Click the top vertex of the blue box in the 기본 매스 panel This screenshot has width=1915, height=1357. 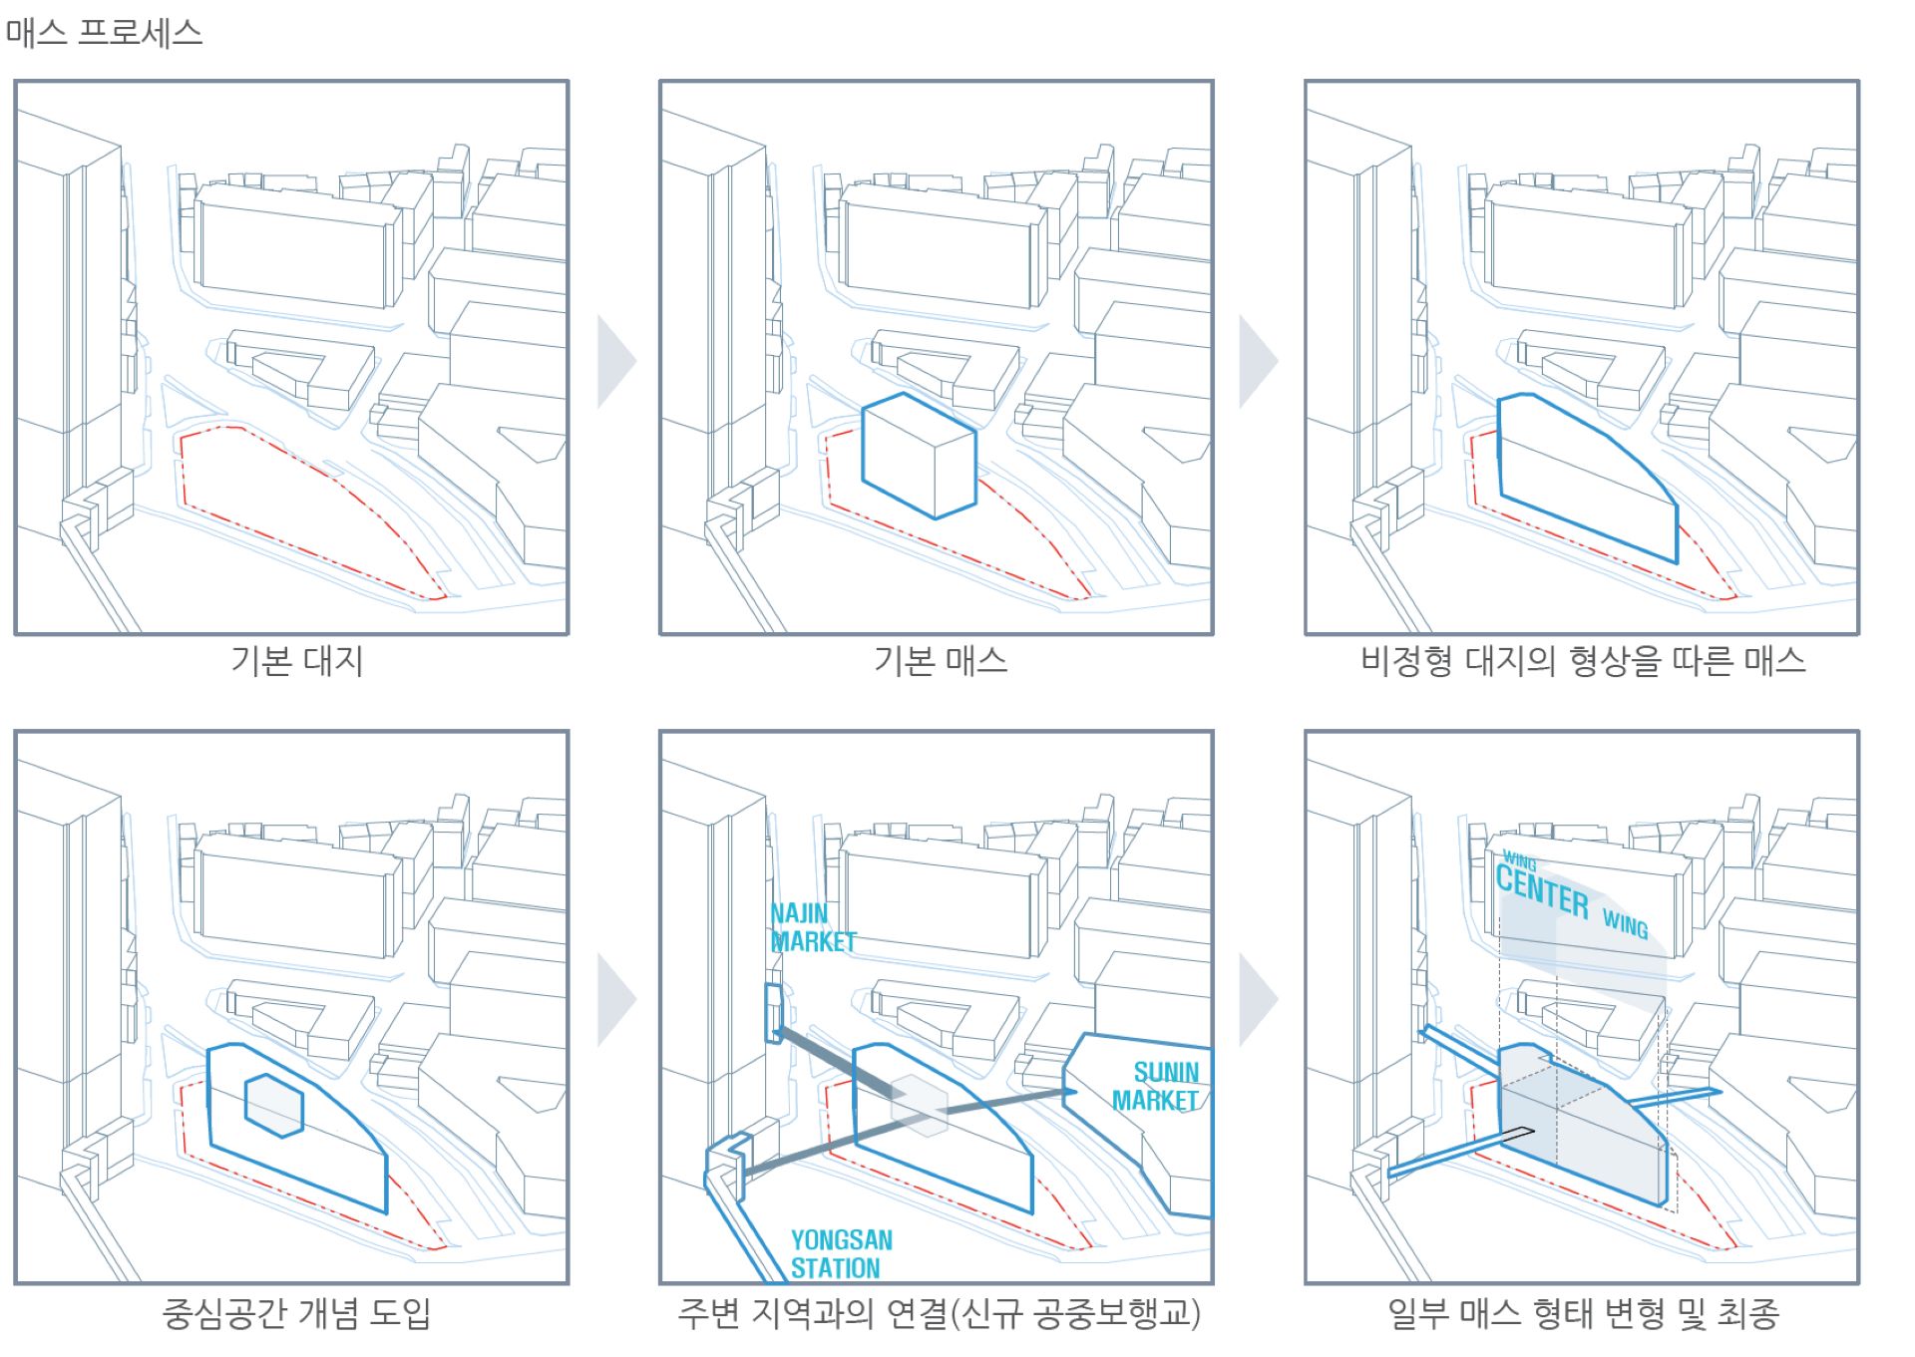[x=904, y=393]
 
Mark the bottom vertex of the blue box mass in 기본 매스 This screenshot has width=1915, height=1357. [x=935, y=518]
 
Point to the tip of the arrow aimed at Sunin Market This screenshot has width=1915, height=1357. [x=1078, y=1092]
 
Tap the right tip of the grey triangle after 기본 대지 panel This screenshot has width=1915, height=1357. [x=636, y=362]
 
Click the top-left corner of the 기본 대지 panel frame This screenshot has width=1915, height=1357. [x=15, y=81]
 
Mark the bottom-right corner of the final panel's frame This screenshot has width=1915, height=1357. [x=1859, y=1283]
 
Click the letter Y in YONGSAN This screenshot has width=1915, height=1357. [x=798, y=1240]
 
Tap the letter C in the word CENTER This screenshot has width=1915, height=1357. [x=1505, y=878]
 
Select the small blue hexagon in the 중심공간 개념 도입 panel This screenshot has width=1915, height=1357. [x=273, y=1106]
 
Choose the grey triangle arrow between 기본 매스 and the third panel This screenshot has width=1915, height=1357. [x=1257, y=362]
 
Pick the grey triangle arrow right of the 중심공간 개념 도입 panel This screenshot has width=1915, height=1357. [x=615, y=1000]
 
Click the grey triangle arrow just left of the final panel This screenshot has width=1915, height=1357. [x=1257, y=1000]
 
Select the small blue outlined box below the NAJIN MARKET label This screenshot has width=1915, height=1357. [x=773, y=1013]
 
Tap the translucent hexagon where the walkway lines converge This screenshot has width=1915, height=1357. [x=919, y=1106]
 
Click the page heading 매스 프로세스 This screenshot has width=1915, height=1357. [x=104, y=33]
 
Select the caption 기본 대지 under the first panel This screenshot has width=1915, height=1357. [x=296, y=661]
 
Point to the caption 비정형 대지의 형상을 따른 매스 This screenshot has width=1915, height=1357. [x=1583, y=661]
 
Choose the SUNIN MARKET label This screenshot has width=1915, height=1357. [x=1156, y=1087]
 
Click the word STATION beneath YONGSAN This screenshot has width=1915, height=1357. [x=836, y=1268]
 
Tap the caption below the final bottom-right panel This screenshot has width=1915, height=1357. [x=1583, y=1313]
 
